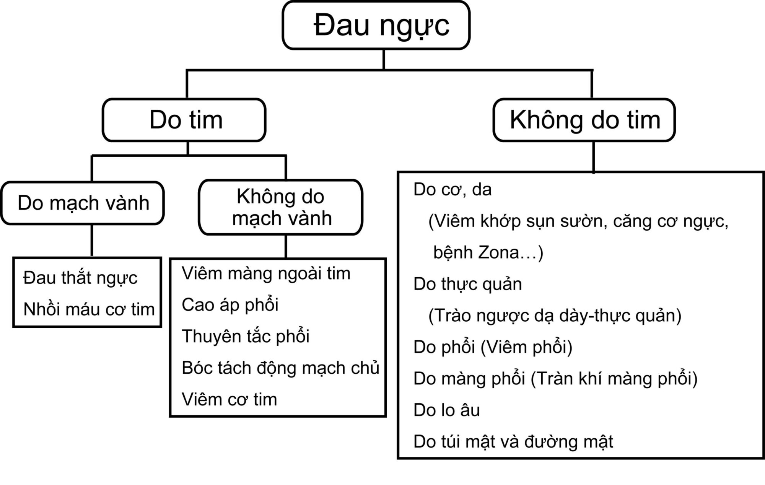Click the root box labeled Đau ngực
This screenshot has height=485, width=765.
click(376, 25)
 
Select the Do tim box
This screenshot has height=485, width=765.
click(184, 120)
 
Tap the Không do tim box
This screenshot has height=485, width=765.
click(584, 120)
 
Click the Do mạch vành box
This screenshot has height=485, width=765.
click(83, 203)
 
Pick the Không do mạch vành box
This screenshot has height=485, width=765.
click(281, 207)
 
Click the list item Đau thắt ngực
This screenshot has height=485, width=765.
click(80, 278)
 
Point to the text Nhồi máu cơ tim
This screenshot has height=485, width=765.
click(89, 309)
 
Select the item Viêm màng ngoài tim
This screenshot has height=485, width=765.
click(266, 273)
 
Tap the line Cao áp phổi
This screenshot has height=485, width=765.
click(230, 305)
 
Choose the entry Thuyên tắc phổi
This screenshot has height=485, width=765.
click(245, 336)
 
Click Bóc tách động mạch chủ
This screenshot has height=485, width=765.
click(280, 368)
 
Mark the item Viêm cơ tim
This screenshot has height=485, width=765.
click(229, 399)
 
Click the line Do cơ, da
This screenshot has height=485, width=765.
click(452, 190)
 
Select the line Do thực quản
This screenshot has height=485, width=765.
click(467, 284)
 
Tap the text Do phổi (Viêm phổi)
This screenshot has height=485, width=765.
click(493, 347)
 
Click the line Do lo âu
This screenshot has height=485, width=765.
click(446, 410)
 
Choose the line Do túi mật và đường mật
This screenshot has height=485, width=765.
click(513, 442)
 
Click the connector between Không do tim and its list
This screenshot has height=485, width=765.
click(593, 157)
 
